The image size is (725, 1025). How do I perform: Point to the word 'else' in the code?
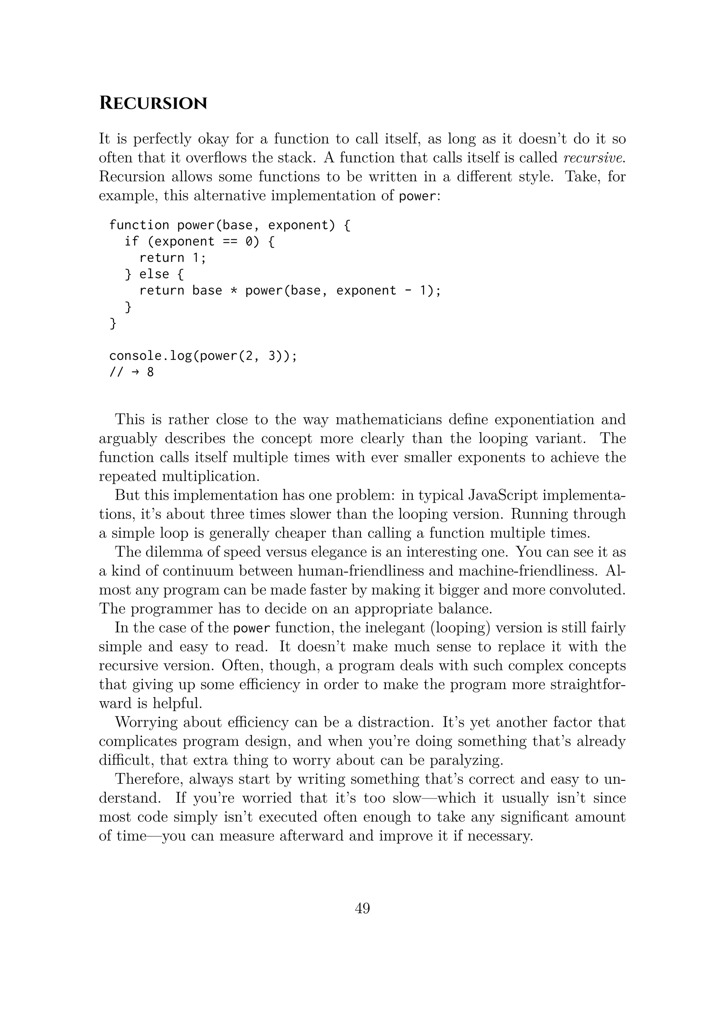pyautogui.click(x=154, y=274)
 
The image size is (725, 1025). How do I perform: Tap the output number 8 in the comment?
pyautogui.click(x=150, y=372)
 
